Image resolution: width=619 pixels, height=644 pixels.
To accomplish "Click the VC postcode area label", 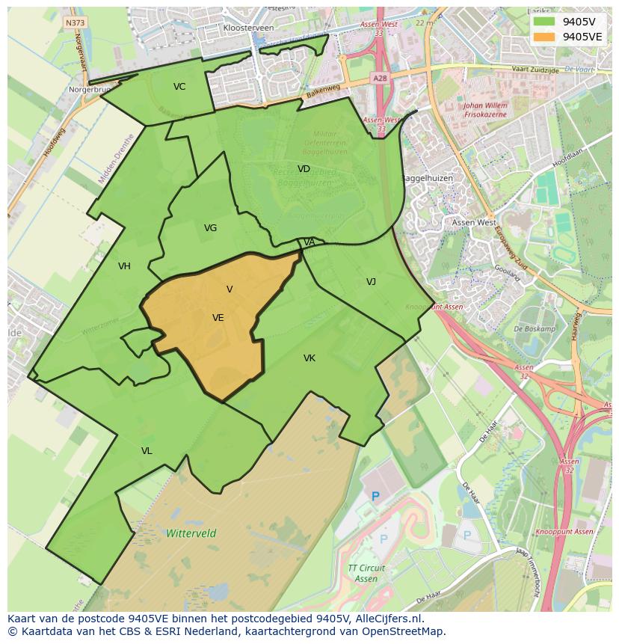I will point(179,87).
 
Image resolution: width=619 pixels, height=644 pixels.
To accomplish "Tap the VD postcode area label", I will point(304,169).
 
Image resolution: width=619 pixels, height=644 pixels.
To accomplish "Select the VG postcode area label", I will point(210,228).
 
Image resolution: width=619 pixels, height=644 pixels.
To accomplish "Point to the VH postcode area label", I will point(124,266).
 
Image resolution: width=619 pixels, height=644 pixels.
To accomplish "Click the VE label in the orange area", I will point(218,318).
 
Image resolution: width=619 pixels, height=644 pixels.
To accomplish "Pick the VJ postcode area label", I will point(371,282).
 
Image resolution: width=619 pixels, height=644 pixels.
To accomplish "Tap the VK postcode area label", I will point(309,358).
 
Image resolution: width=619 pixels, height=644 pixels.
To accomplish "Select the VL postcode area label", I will point(147,451).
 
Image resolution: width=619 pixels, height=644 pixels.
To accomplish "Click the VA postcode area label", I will point(309,242).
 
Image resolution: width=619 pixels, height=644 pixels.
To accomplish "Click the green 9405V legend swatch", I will point(544,21).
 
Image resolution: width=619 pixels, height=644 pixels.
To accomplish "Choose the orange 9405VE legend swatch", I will point(544,37).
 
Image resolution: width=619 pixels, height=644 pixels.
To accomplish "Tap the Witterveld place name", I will point(191,533).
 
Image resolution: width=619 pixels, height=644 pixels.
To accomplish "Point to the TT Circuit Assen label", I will point(366,574).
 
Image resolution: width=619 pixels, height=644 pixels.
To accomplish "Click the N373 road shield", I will point(75,22).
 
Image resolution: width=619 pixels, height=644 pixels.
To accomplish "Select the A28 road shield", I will point(379,78).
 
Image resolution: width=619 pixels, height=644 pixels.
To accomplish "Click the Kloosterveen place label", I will point(248,28).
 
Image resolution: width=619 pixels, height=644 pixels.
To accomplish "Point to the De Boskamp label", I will point(535,329).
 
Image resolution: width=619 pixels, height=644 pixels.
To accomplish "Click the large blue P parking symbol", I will point(376,496).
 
